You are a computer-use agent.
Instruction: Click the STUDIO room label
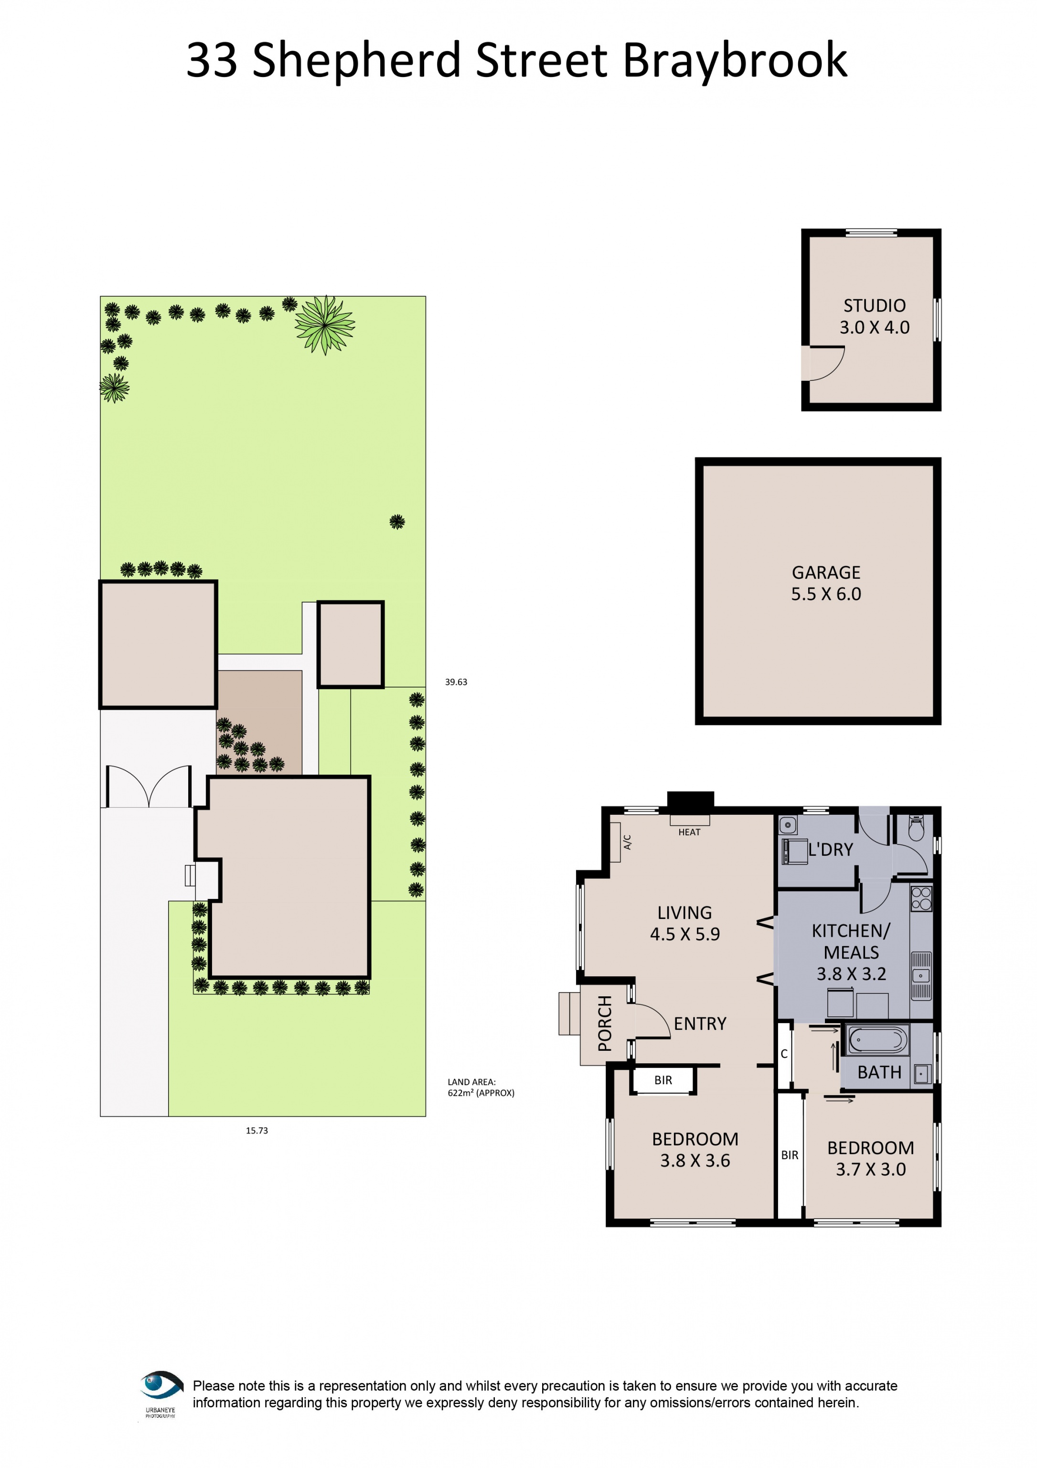(874, 306)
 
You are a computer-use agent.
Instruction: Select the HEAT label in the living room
(689, 832)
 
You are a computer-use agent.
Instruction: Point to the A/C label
(628, 842)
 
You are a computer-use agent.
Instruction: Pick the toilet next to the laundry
(916, 829)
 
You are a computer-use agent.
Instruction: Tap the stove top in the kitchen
(921, 898)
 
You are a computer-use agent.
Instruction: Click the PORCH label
(604, 1023)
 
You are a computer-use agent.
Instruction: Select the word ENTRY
(700, 1024)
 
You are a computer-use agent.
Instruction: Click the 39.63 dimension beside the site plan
(456, 682)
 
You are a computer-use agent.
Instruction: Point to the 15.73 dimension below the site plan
(257, 1131)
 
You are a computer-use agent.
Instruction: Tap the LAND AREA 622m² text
(481, 1087)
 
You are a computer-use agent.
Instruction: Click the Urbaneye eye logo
(161, 1385)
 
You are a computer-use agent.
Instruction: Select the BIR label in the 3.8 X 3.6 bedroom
(663, 1080)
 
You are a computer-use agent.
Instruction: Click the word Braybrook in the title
(734, 60)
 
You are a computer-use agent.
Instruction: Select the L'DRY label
(830, 850)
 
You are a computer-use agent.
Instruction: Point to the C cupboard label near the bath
(783, 1054)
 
